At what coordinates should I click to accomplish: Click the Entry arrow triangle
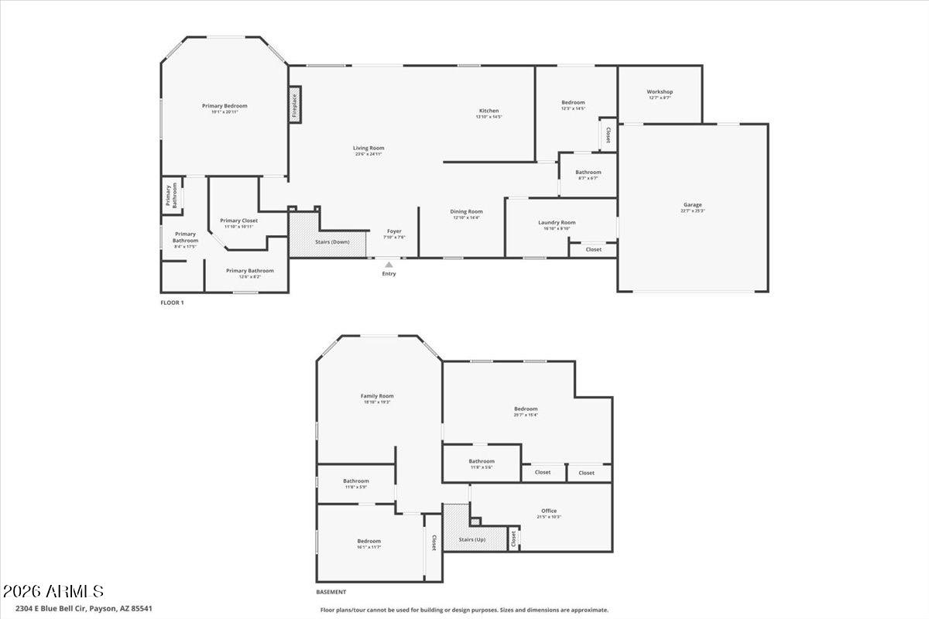coord(389,265)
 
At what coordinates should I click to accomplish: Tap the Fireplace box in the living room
coord(294,104)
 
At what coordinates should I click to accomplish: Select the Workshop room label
coord(660,92)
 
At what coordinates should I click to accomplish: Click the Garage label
coord(692,205)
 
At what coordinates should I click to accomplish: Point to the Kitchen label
coord(488,111)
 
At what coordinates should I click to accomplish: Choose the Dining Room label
coord(467,211)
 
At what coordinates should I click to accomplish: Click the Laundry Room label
coord(557,223)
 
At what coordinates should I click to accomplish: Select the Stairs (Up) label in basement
coord(471,539)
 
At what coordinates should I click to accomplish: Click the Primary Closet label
coord(238,221)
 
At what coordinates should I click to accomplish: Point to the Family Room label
coord(377,396)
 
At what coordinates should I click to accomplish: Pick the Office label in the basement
coord(549,511)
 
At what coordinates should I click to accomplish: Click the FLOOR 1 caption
coord(172,303)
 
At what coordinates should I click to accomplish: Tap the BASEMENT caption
coord(331,592)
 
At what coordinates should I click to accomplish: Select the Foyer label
coord(394,231)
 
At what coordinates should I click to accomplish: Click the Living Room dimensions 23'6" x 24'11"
coord(369,154)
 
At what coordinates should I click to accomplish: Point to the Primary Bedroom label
coord(225,106)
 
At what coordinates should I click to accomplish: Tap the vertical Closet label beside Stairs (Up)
coord(512,539)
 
